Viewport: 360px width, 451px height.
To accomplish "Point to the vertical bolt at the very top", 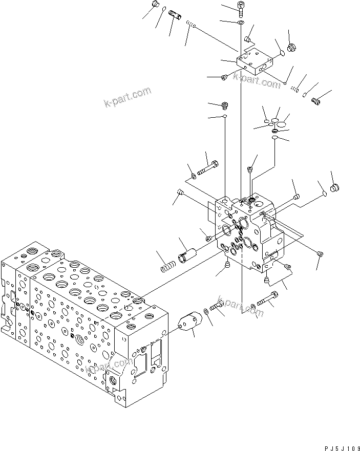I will (241, 8).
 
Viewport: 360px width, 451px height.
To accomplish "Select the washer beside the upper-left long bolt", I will (193, 177).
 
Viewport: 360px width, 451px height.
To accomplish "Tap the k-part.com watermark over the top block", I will (256, 78).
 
